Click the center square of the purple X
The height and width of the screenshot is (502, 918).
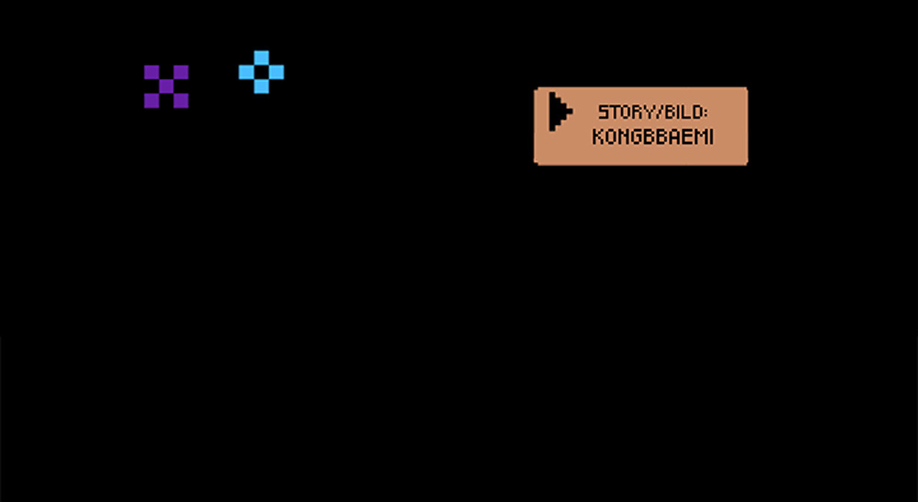click(166, 87)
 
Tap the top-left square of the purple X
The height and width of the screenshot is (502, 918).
click(151, 72)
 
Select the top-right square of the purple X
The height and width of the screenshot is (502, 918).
click(181, 72)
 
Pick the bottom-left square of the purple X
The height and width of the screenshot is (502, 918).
click(151, 101)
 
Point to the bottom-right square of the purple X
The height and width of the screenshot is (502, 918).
click(181, 101)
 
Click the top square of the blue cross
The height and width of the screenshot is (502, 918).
click(262, 58)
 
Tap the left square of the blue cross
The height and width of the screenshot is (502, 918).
click(246, 72)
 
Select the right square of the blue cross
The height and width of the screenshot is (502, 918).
click(276, 72)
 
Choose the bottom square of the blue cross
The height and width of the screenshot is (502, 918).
click(262, 87)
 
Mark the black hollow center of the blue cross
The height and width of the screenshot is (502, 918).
click(262, 72)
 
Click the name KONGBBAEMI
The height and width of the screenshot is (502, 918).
click(653, 136)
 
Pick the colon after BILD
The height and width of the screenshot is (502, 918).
click(704, 113)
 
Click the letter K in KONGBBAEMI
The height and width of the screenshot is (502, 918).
click(599, 136)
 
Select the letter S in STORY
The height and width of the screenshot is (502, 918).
click(603, 113)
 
